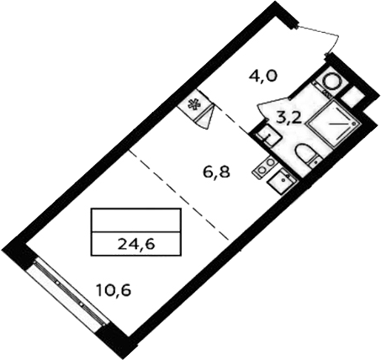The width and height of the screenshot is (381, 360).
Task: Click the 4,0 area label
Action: click(263, 76)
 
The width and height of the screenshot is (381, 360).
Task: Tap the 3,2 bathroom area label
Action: click(288, 119)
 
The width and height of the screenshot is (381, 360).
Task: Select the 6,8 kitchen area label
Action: click(216, 172)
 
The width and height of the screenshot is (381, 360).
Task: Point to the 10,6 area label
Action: click(114, 290)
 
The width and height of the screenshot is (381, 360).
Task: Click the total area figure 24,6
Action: click(136, 244)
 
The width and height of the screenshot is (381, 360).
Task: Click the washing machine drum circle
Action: click(332, 82)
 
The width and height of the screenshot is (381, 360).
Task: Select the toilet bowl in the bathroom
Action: click(305, 154)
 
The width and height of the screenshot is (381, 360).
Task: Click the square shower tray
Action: click(333, 123)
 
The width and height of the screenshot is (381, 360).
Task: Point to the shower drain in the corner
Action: click(353, 123)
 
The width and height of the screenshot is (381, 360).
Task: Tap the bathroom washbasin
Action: click(267, 135)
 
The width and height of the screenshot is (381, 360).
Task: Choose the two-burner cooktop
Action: click(265, 167)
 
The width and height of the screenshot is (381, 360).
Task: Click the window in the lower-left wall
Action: click(67, 292)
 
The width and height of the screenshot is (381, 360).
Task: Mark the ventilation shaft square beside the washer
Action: click(352, 95)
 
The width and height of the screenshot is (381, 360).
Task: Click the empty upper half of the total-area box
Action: click(136, 220)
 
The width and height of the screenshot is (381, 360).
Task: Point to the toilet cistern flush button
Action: click(316, 161)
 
